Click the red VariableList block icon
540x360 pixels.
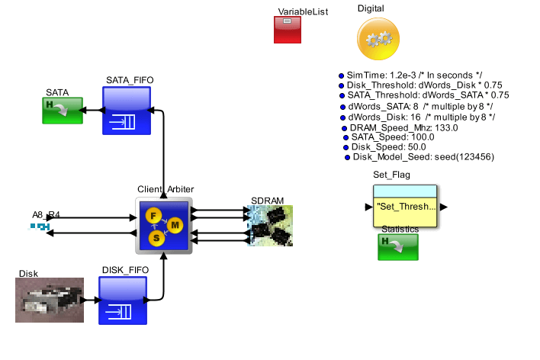click(x=289, y=30)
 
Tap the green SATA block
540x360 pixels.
click(x=65, y=111)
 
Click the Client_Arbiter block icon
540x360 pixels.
click(x=163, y=226)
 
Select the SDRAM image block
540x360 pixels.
click(x=271, y=226)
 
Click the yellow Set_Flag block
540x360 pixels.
click(x=405, y=206)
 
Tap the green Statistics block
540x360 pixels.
click(x=398, y=247)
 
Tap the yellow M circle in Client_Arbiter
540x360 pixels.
click(x=175, y=225)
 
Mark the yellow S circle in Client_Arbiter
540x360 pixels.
click(x=156, y=238)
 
